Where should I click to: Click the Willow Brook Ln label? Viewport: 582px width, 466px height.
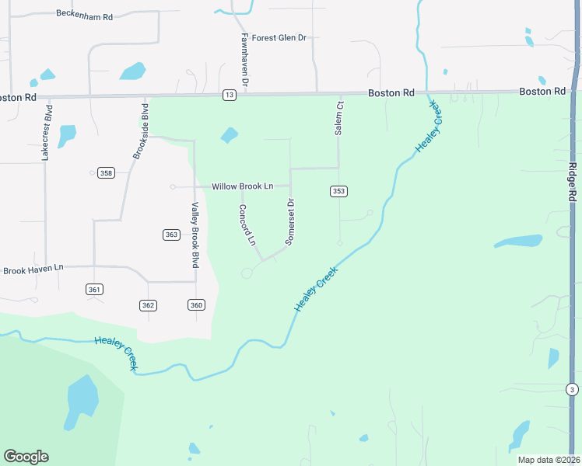pos(243,186)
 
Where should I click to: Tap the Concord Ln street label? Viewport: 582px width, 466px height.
pos(247,225)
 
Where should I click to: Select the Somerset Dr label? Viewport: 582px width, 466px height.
pos(289,222)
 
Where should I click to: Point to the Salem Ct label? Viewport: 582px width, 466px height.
pos(339,118)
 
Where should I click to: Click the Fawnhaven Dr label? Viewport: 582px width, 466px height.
pos(244,59)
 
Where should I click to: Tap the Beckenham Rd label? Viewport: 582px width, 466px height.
pos(85,14)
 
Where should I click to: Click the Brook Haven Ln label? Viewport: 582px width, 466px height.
pos(33,269)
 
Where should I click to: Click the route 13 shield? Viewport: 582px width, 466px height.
pos(229,95)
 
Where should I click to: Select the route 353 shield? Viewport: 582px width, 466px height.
pos(338,191)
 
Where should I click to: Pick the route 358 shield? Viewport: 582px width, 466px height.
pos(107,172)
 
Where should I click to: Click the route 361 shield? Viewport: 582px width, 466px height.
pos(94,289)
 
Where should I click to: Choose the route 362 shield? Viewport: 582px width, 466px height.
pos(149,305)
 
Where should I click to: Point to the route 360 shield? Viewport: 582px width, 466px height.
pos(196,305)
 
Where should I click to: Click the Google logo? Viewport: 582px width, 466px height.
pos(26,457)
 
